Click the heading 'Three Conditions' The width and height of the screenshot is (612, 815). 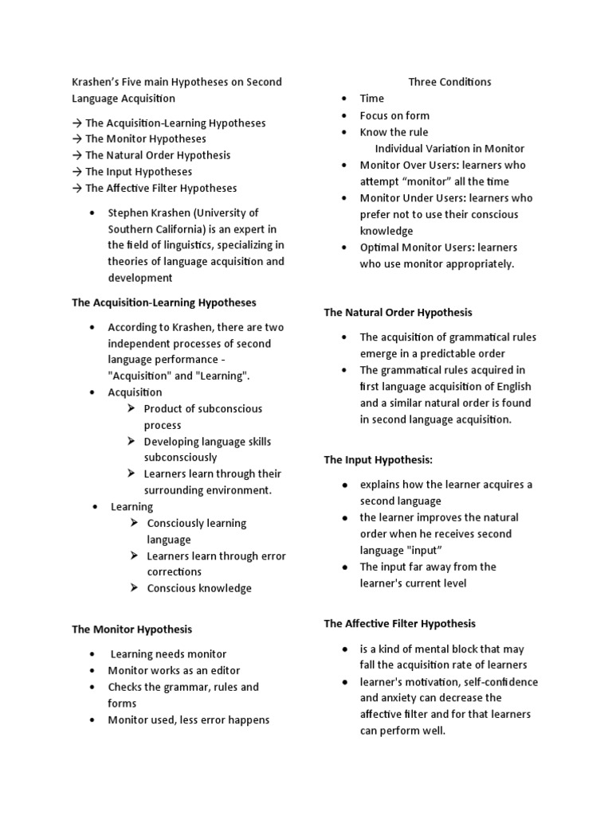pyautogui.click(x=449, y=82)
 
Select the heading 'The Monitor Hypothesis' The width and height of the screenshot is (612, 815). pyautogui.click(x=131, y=629)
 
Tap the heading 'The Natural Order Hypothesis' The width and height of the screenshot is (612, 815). pyautogui.click(x=398, y=313)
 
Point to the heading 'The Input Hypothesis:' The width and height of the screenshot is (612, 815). pyautogui.click(x=378, y=460)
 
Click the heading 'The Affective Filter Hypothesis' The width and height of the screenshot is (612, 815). pyautogui.click(x=399, y=624)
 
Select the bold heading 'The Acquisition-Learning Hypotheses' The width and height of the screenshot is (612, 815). pyautogui.click(x=164, y=302)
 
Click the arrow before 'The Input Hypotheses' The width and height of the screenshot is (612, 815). pyautogui.click(x=77, y=172)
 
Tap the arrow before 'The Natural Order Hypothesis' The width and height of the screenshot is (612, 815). pyautogui.click(x=77, y=155)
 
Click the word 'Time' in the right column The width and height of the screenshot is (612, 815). pyautogui.click(x=372, y=99)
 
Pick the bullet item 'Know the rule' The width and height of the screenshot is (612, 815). pyautogui.click(x=394, y=132)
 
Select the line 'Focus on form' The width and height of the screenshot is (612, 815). pyautogui.click(x=394, y=115)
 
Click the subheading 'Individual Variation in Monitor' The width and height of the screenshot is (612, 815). pyautogui.click(x=449, y=148)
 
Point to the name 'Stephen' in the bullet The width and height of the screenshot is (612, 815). pyautogui.click(x=128, y=213)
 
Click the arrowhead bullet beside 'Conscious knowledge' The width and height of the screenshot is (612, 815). pyautogui.click(x=135, y=588)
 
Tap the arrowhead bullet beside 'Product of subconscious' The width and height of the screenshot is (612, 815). pyautogui.click(x=132, y=408)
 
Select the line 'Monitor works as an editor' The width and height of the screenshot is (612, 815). pyautogui.click(x=174, y=670)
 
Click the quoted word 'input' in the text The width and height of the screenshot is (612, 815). pyautogui.click(x=426, y=550)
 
